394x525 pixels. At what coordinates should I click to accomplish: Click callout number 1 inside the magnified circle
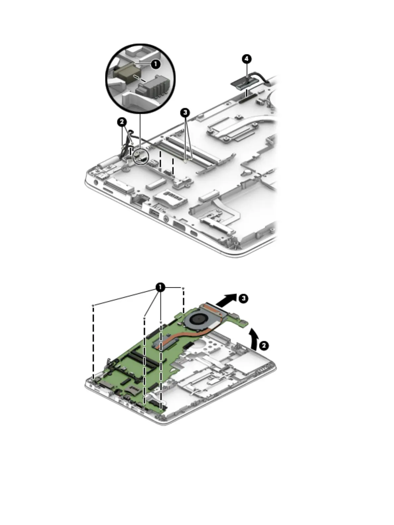pyautogui.click(x=155, y=64)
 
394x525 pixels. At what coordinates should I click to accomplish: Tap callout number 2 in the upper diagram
pyautogui.click(x=122, y=122)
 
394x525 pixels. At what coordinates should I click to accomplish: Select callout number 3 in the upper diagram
pyautogui.click(x=185, y=112)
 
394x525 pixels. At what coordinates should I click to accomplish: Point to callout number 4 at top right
pyautogui.click(x=246, y=59)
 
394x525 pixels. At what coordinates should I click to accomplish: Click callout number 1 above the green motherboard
pyautogui.click(x=160, y=287)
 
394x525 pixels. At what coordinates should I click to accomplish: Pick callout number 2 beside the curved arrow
pyautogui.click(x=263, y=346)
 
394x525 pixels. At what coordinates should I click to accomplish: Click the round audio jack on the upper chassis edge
pyautogui.click(x=165, y=218)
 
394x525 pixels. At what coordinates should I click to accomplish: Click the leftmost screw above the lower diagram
pyautogui.click(x=94, y=305)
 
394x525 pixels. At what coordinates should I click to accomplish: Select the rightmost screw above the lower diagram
pyautogui.click(x=183, y=289)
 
